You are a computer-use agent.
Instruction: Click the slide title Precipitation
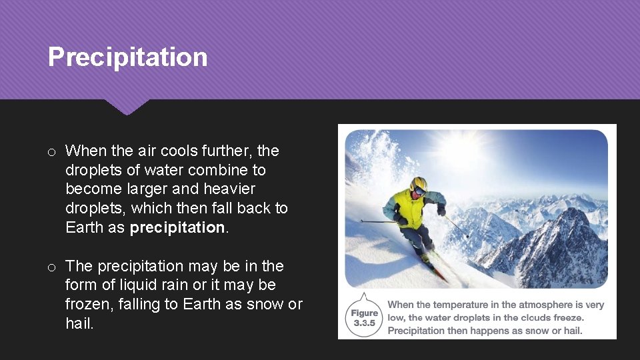point(127,57)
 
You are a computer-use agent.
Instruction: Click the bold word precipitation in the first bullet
point(177,227)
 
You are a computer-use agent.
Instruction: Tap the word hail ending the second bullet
point(79,323)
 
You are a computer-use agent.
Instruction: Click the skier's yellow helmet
point(419,183)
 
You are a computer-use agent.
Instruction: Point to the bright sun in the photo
point(467,150)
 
